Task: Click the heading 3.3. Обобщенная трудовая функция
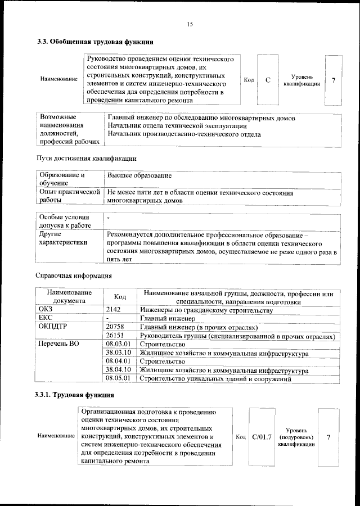95,42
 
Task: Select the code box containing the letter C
268,80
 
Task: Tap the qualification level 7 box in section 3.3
333,80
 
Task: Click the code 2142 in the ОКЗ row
114,310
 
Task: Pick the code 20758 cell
115,327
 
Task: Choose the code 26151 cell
115,336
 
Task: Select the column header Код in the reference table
120,297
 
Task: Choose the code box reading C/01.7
262,436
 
